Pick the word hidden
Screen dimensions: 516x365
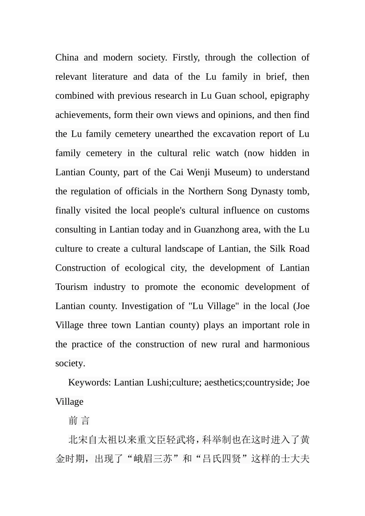tap(283, 153)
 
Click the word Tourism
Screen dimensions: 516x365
tap(71, 287)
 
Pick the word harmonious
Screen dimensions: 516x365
tap(286, 344)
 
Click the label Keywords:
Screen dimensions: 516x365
tap(90, 383)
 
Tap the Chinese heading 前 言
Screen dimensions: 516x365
tap(79, 421)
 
